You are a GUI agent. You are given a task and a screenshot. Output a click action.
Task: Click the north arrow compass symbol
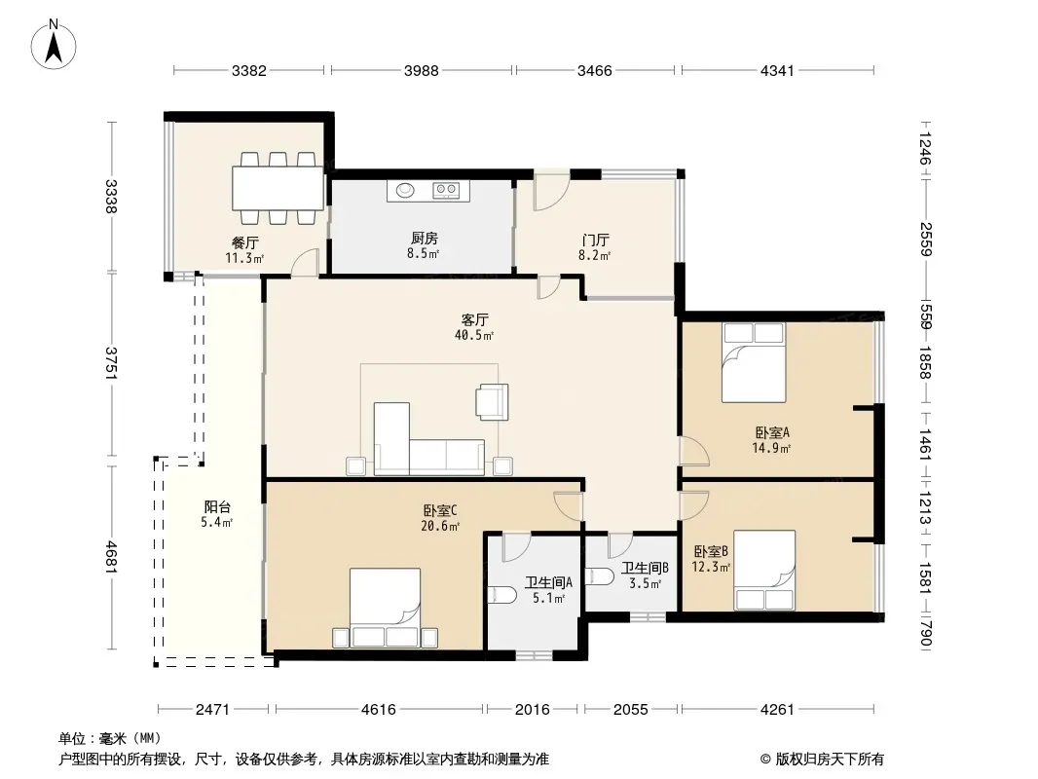(53, 45)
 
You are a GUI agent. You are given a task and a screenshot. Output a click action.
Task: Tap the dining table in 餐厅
(278, 188)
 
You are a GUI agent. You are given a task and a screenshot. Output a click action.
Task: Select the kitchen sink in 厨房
(405, 191)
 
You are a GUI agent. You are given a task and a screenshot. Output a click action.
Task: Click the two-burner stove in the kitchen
(446, 191)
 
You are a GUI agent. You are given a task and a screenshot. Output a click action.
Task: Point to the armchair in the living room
(492, 402)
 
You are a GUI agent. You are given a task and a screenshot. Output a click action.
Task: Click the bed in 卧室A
(754, 362)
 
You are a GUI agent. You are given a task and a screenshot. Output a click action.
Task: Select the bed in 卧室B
(764, 570)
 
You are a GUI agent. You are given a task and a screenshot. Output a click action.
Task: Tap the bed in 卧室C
(385, 608)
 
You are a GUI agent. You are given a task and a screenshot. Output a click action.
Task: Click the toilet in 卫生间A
(501, 596)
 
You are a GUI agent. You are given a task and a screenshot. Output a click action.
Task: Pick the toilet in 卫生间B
(600, 575)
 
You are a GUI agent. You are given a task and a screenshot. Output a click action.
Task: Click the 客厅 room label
(474, 320)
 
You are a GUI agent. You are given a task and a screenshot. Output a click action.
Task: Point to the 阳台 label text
(217, 507)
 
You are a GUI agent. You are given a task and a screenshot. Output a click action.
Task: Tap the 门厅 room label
(595, 240)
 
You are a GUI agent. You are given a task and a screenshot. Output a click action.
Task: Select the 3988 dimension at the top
(421, 70)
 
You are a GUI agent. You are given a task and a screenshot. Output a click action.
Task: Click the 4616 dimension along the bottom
(378, 710)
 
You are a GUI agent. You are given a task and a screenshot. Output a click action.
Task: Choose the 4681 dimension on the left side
(111, 557)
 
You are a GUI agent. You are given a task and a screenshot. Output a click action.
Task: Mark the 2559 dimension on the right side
(925, 239)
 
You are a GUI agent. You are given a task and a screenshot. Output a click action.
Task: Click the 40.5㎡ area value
(474, 336)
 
